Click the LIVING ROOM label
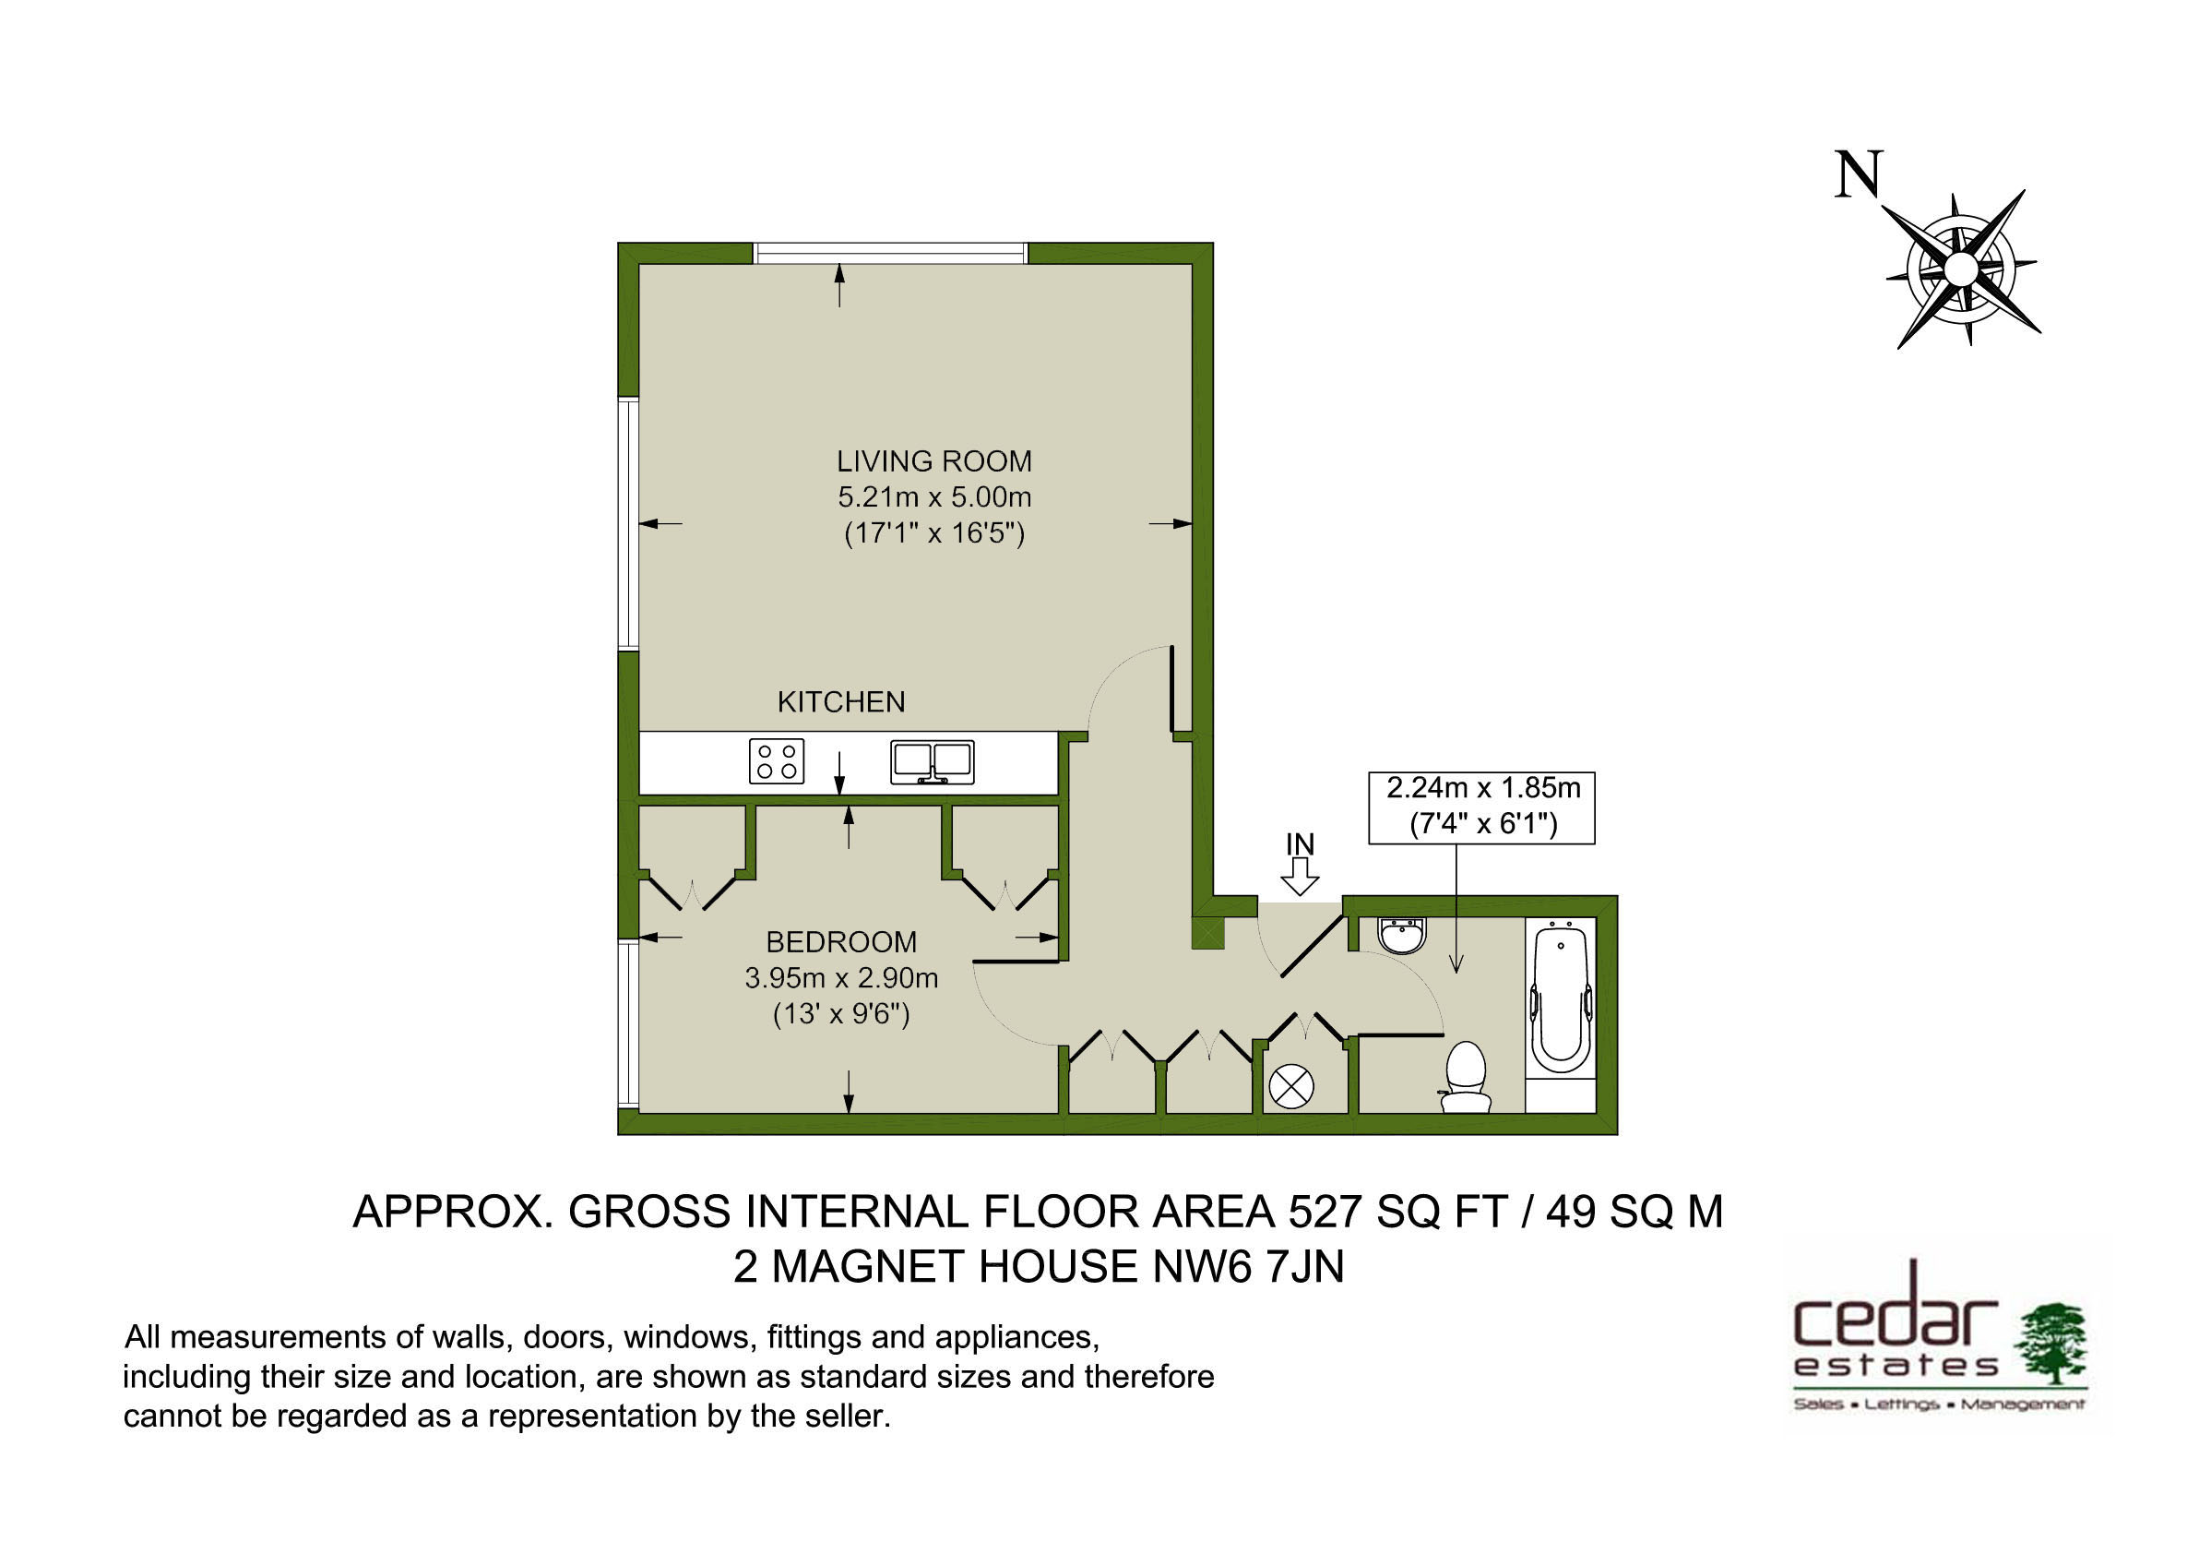[x=933, y=461]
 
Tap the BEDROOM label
[x=841, y=943]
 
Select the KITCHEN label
[x=841, y=702]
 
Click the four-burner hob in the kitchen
[x=777, y=761]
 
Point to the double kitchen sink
[x=932, y=762]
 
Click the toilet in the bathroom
[x=1466, y=1077]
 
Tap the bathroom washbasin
[x=1402, y=936]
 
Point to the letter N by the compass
[x=1858, y=174]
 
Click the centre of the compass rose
[x=1960, y=269]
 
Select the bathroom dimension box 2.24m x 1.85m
[x=1481, y=807]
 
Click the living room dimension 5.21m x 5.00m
[x=933, y=497]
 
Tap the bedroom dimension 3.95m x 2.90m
[x=841, y=978]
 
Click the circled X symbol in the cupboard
[x=1291, y=1087]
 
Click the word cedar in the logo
[x=1896, y=1319]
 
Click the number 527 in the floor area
[x=1325, y=1212]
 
